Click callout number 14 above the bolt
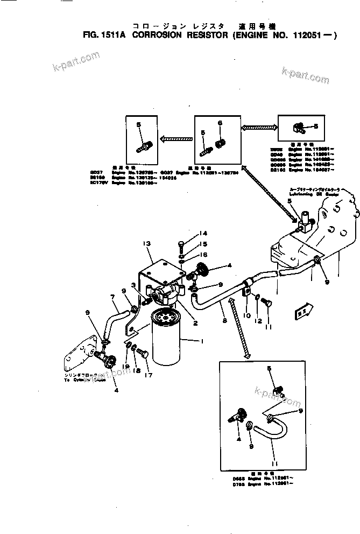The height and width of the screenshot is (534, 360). tap(188, 233)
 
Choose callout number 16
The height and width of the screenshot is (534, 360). tap(188, 255)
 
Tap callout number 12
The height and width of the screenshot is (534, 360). tap(259, 321)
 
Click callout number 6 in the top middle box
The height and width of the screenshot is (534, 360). tap(220, 123)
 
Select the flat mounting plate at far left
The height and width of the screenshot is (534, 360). tap(77, 359)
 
